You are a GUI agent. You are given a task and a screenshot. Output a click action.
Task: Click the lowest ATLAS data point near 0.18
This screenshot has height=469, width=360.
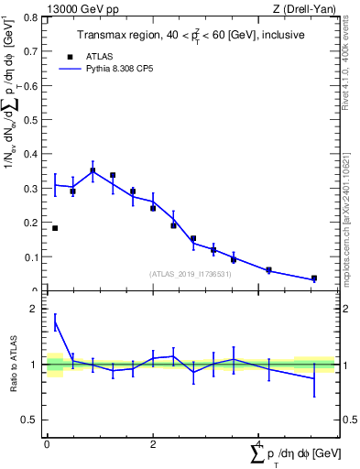point(55,228)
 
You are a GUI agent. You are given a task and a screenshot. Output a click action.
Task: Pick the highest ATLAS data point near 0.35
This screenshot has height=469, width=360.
point(93,170)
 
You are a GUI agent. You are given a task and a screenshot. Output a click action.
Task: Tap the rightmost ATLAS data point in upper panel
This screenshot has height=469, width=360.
point(314,278)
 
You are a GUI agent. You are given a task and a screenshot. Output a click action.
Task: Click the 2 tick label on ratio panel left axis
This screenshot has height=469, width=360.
point(36,310)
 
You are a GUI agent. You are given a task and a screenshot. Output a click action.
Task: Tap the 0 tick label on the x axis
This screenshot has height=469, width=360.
point(47,444)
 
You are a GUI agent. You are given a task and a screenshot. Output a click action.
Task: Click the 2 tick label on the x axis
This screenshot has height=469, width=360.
point(153,444)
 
